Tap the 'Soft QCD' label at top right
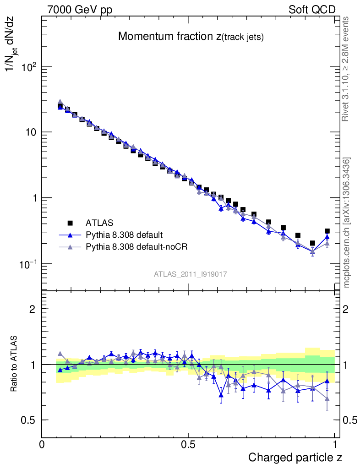[312, 10]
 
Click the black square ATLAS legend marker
[70, 223]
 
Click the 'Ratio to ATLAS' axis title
[14, 364]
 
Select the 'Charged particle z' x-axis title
[295, 457]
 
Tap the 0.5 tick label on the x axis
[188, 444]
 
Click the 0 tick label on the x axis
[42, 444]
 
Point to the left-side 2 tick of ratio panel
[33, 309]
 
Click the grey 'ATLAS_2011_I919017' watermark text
[191, 274]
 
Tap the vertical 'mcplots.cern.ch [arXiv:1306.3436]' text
[347, 223]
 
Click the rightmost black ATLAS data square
[327, 231]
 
